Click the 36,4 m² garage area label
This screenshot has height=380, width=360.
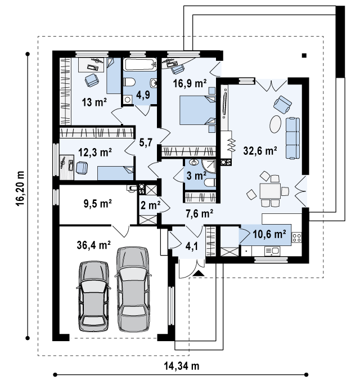point(94,245)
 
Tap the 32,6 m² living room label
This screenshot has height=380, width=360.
point(260,151)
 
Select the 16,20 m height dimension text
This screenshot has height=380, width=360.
point(20,188)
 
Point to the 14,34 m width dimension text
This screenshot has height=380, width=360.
point(182,366)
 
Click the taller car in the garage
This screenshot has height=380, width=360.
point(132,289)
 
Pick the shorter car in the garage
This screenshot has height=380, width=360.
point(93,296)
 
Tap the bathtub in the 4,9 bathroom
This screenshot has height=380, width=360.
point(139,64)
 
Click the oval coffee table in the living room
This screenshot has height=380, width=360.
point(275,124)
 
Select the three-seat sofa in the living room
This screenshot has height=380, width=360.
point(292,138)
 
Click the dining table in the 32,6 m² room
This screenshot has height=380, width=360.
point(270,191)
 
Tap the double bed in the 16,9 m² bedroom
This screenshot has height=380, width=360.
point(197,110)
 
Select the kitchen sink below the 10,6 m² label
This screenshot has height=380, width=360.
point(272,251)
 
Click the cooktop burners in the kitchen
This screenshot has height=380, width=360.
point(296,237)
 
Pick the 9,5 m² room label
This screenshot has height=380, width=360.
point(97,203)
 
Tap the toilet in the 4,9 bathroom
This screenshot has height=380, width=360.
point(129,82)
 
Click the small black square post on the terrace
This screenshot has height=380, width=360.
point(304,56)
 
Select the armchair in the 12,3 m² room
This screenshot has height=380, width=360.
point(82,168)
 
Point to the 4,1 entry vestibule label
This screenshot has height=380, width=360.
point(192,247)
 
